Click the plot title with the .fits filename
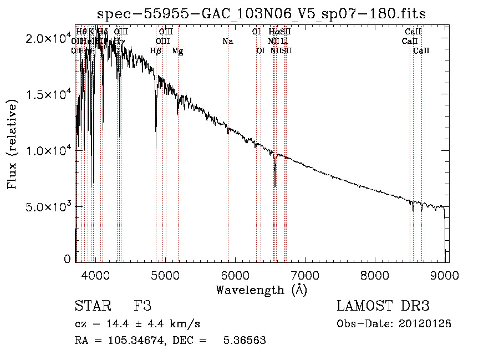pos(261,14)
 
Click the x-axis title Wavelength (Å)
pos(261,290)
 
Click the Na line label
pos(228,41)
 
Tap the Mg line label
pos(177,51)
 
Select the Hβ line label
pos(156,51)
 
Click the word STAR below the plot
pos(93,306)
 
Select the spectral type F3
pos(142,306)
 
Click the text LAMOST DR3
pos(383,306)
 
